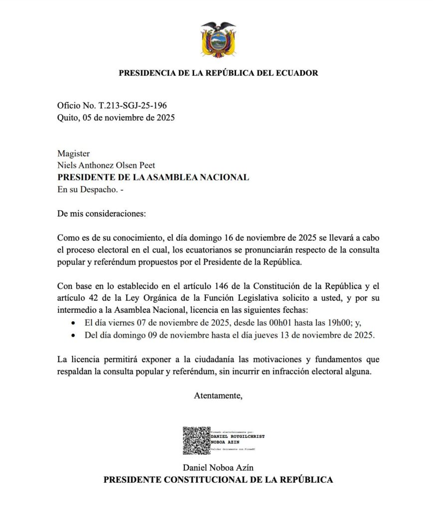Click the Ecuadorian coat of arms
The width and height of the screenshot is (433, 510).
coord(218,39)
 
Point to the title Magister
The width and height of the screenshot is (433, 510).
coord(73,154)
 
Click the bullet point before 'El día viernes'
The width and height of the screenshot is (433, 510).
coord(74,323)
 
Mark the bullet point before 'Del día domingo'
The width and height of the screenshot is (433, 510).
coord(74,335)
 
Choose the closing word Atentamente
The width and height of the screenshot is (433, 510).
coord(218,396)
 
